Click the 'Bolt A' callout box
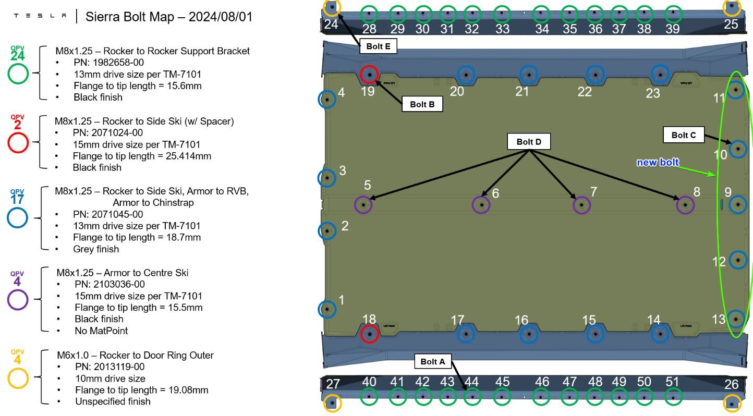click(x=433, y=362)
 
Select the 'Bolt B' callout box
click(x=422, y=104)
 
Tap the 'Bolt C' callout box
click(x=683, y=135)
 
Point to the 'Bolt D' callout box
click(x=528, y=142)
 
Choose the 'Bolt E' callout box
click(x=378, y=46)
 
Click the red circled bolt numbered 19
click(x=369, y=75)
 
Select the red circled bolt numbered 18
click(x=369, y=333)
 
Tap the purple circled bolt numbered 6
click(x=481, y=205)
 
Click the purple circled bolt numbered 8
click(x=685, y=205)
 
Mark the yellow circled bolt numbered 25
click(x=732, y=7)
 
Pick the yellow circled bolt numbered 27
click(x=332, y=403)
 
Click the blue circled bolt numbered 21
click(x=528, y=75)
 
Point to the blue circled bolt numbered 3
click(x=326, y=178)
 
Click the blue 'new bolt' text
click(x=658, y=162)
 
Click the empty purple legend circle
click(x=17, y=300)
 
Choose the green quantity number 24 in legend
click(x=17, y=56)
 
